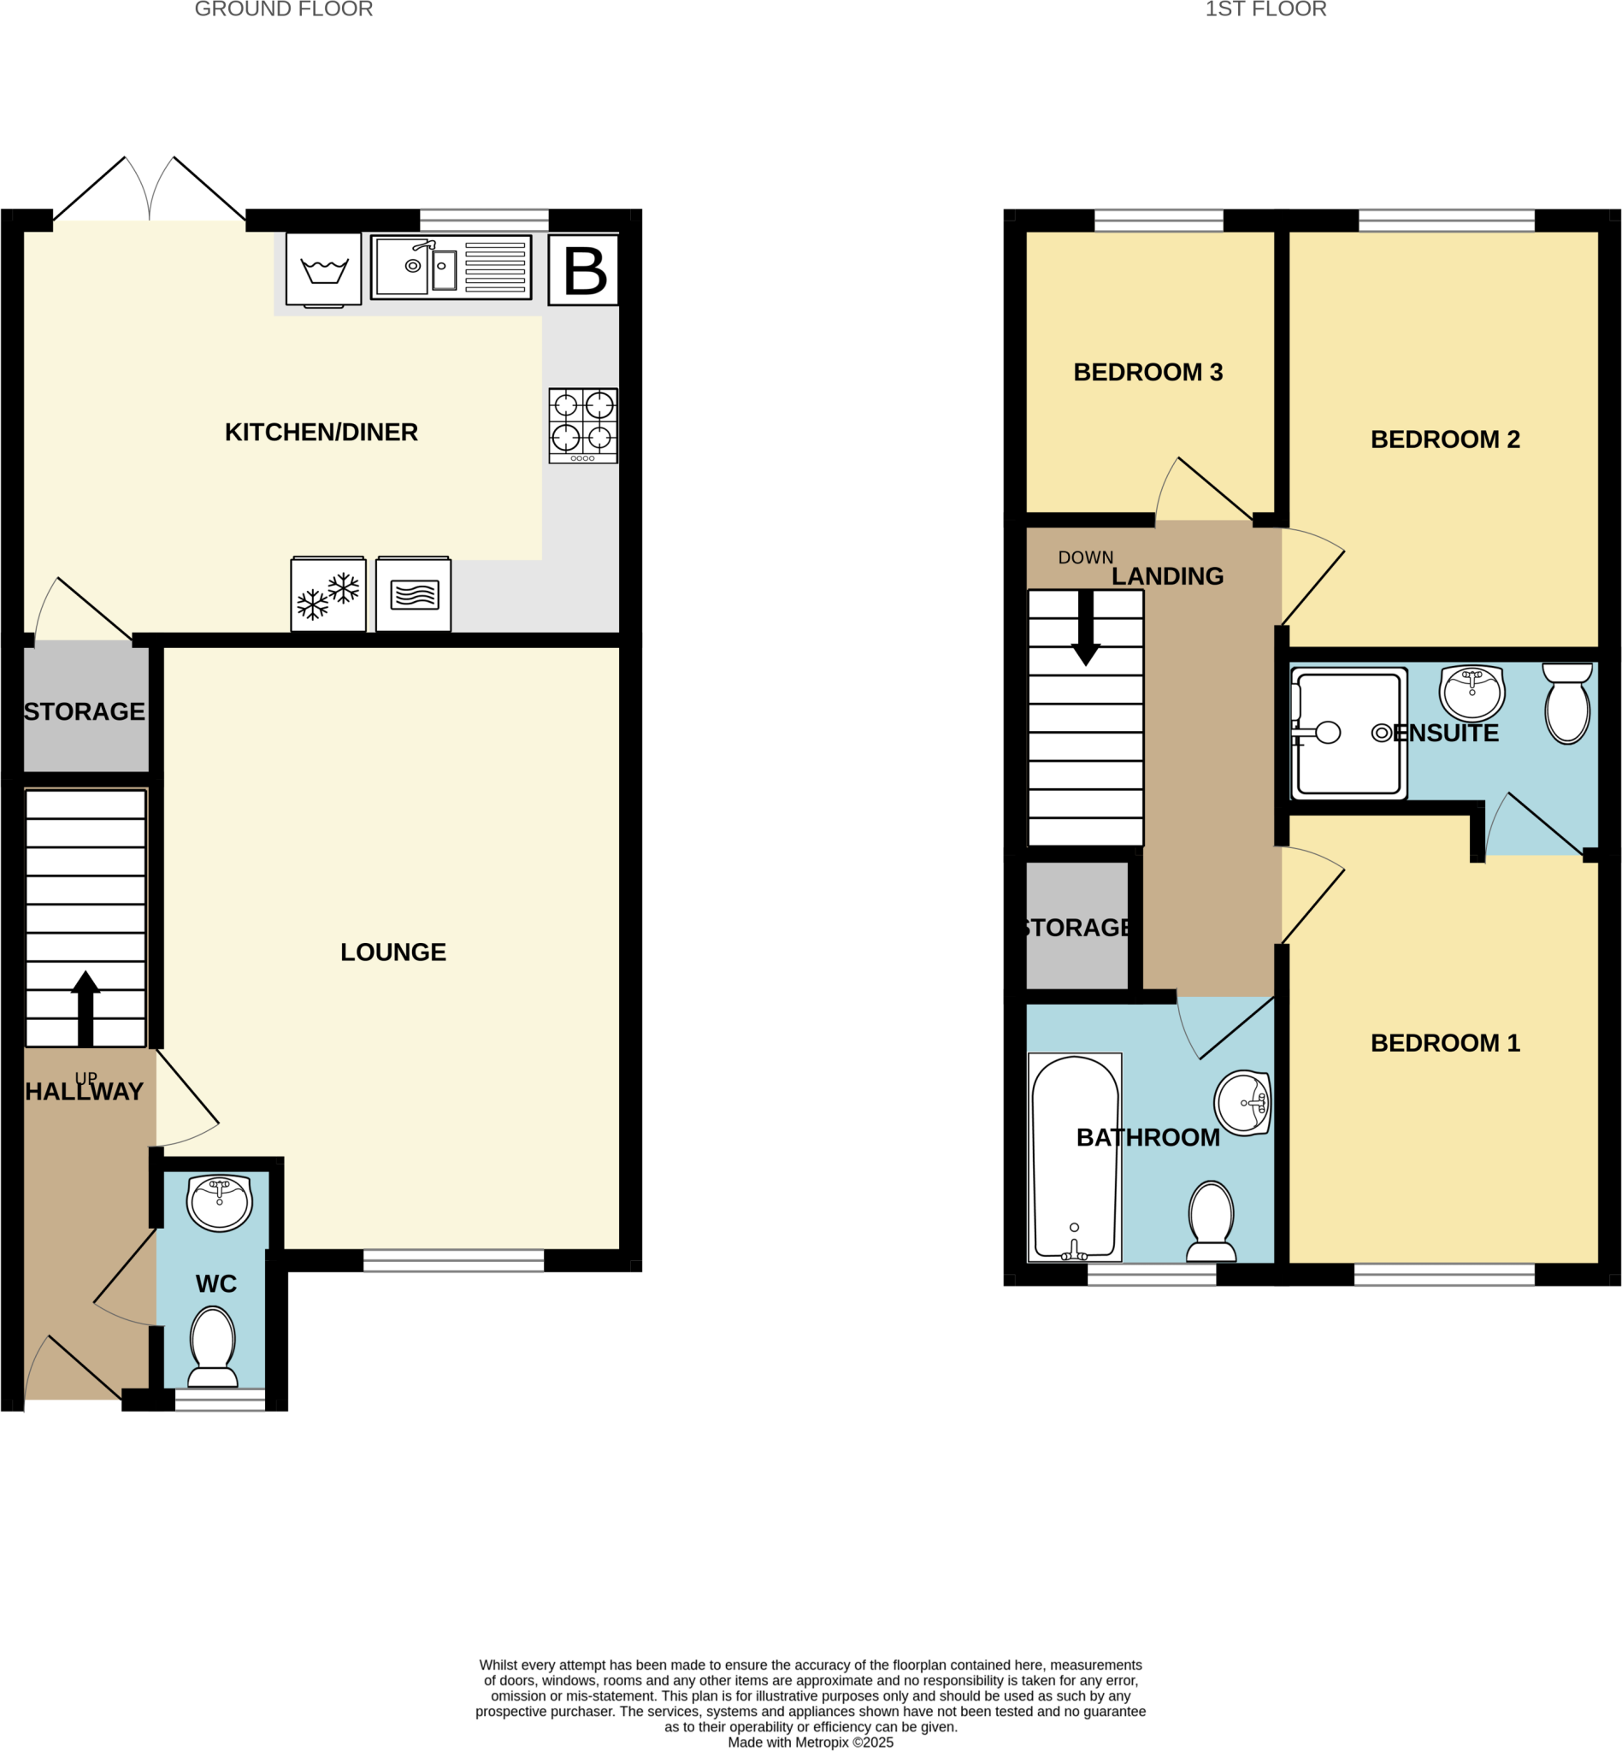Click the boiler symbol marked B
coord(584,269)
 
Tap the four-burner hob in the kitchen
coord(583,425)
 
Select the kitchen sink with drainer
coord(451,267)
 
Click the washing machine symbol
coord(324,268)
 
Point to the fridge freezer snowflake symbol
coord(328,594)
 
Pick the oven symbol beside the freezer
coord(413,594)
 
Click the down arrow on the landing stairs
coord(1086,627)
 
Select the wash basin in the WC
coord(220,1202)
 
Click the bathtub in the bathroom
coord(1074,1156)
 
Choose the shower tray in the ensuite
coord(1348,734)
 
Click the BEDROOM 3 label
coord(1147,372)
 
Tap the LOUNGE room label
coord(393,952)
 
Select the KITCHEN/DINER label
coord(321,432)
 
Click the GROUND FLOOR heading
coord(284,9)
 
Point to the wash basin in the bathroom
coord(1244,1101)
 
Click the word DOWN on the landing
coord(1085,557)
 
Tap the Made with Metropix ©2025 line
coord(810,1742)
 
